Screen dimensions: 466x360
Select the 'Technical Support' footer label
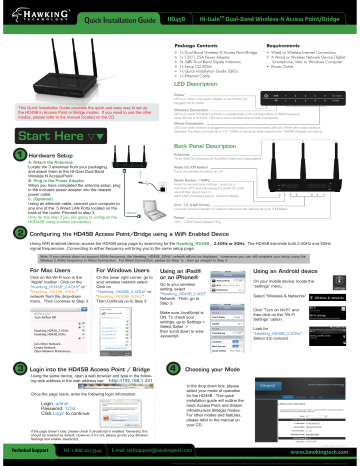click(30, 453)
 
